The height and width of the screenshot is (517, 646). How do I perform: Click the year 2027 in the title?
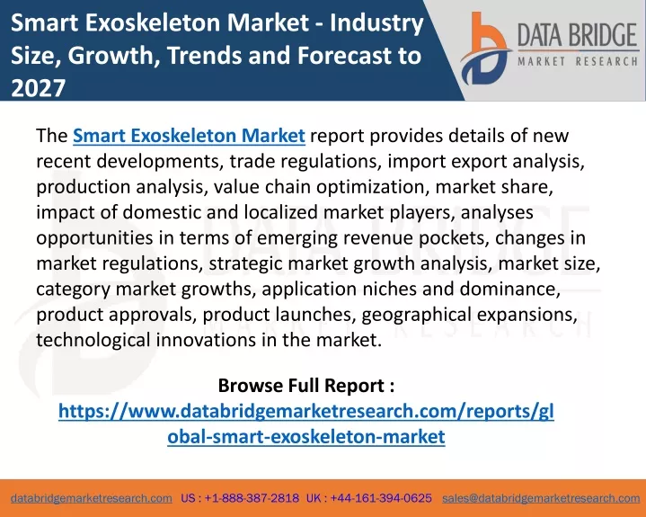tap(39, 88)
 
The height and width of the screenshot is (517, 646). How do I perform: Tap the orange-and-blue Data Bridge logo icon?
tap(485, 49)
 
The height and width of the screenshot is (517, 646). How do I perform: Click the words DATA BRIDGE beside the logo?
tap(577, 35)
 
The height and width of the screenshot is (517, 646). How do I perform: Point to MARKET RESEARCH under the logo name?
tap(578, 62)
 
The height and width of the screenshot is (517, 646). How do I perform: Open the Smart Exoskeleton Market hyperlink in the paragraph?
tap(189, 136)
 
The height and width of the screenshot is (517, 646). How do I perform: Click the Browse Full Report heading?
tap(305, 386)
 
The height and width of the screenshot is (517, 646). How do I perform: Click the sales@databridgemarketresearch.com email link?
tap(541, 498)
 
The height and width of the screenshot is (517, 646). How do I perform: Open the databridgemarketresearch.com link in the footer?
tap(92, 498)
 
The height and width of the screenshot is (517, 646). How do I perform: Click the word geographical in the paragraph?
tap(416, 315)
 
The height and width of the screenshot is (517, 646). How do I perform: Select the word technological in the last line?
tap(93, 340)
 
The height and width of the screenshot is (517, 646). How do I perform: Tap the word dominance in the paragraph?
tap(510, 289)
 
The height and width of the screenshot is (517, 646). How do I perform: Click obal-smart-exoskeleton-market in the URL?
tap(306, 437)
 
